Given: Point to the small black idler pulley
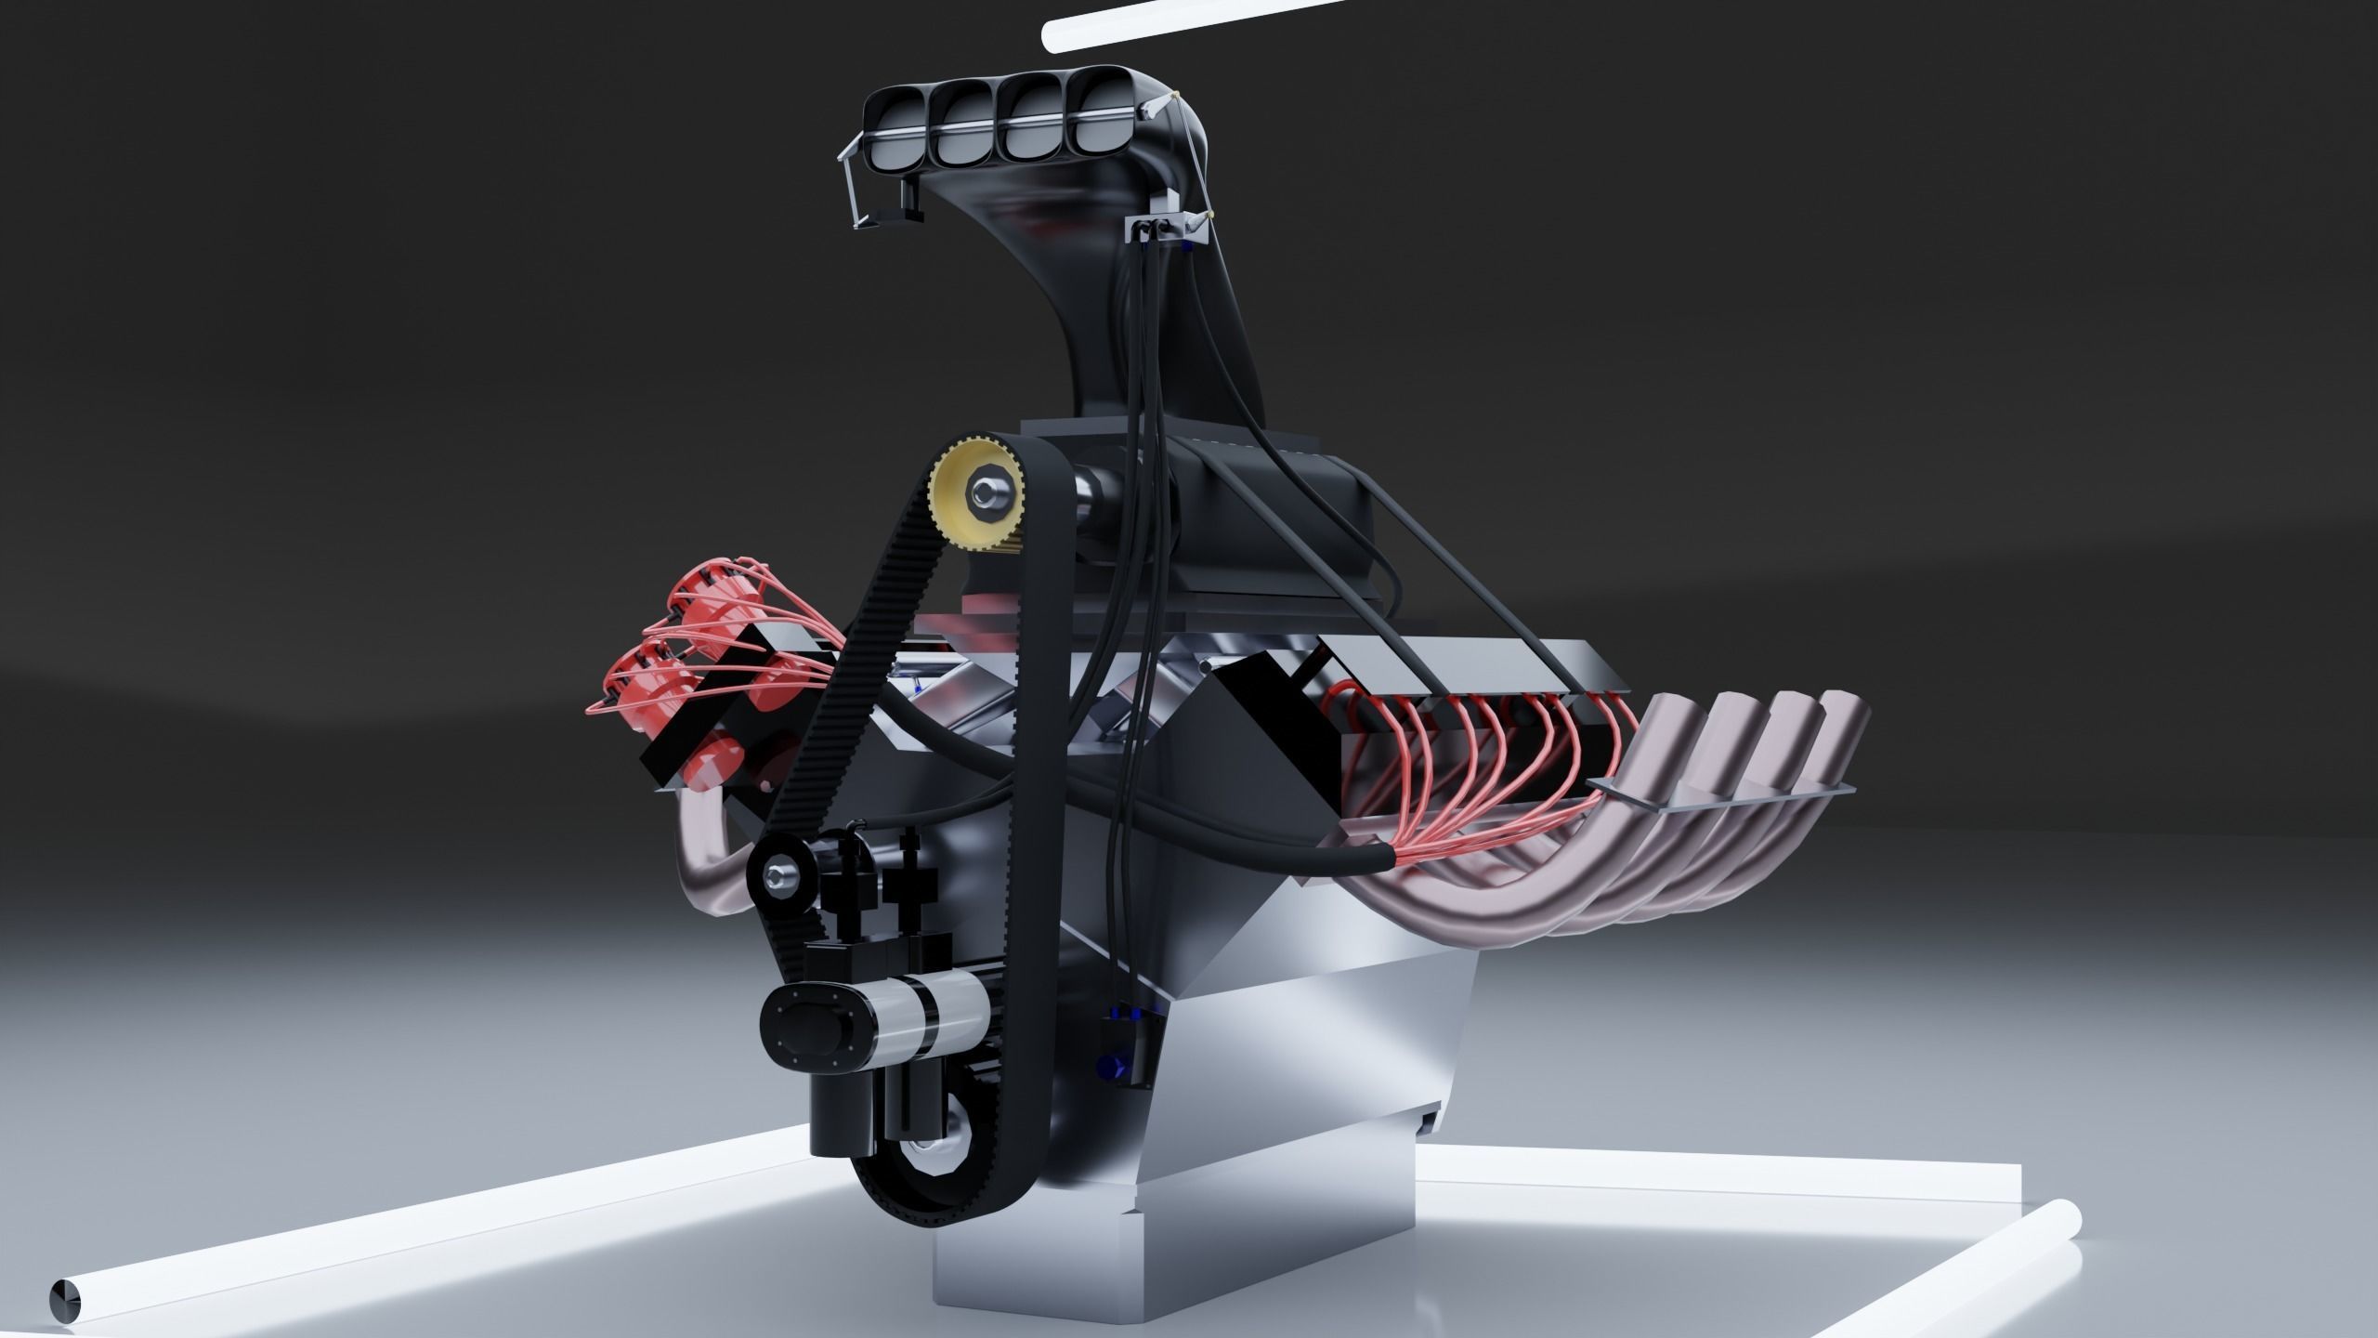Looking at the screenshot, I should coord(778,874).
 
